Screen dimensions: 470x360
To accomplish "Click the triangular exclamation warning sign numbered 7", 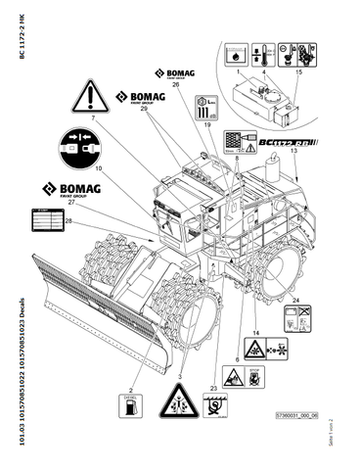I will [88, 98].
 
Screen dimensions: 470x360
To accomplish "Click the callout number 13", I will [294, 165].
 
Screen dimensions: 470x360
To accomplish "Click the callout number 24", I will [294, 301].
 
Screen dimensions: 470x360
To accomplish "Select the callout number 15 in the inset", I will [298, 72].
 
